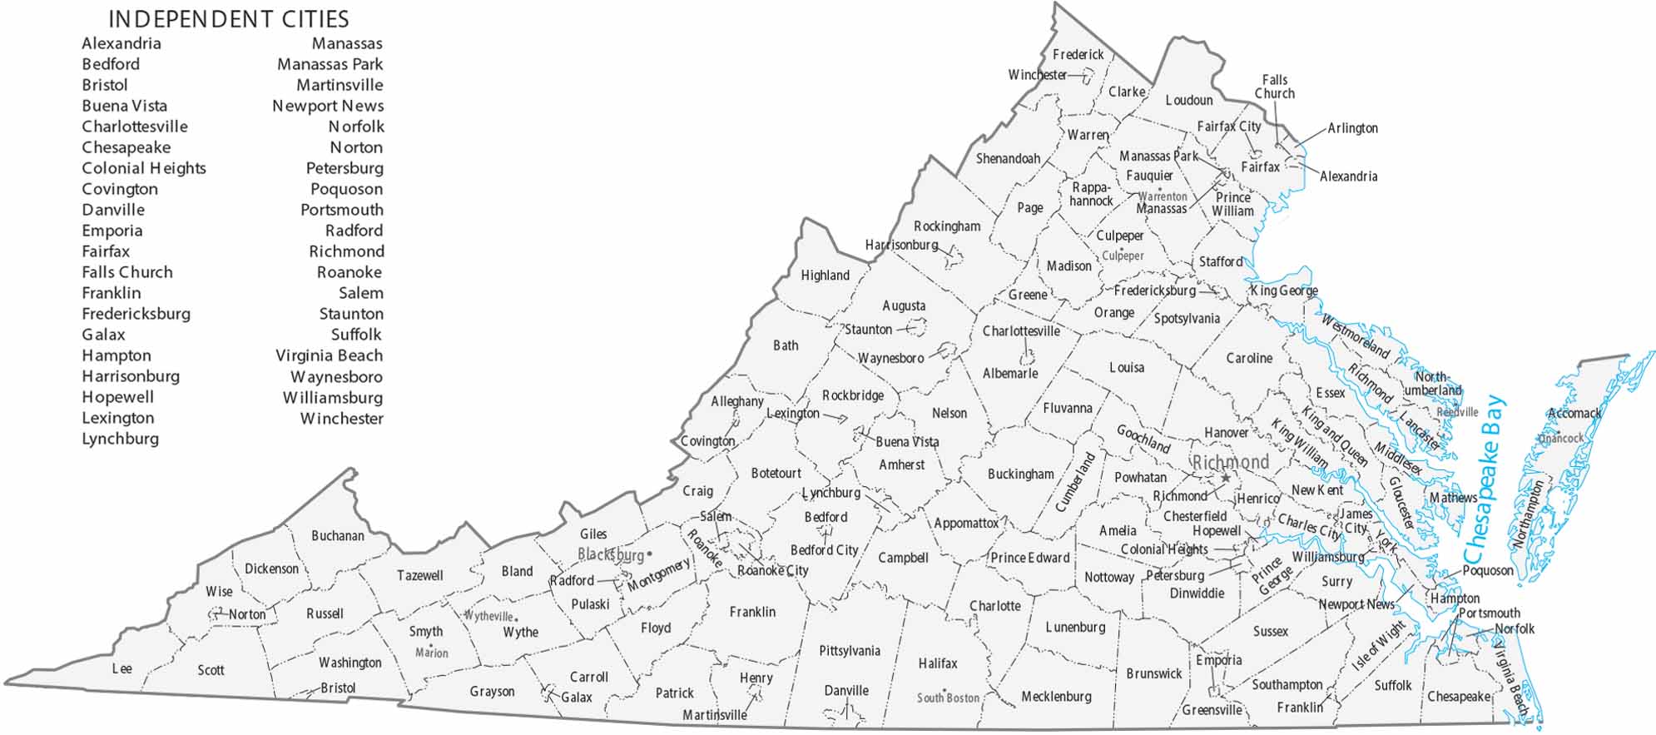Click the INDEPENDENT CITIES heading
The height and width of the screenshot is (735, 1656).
pyautogui.click(x=229, y=19)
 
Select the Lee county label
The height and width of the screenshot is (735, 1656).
pyautogui.click(x=122, y=668)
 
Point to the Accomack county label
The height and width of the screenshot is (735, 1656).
pyautogui.click(x=1574, y=413)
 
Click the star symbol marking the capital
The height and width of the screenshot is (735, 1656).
pyautogui.click(x=1225, y=478)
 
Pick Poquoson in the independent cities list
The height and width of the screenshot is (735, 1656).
pyautogui.click(x=346, y=189)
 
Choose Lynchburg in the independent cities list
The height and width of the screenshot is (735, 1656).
pyautogui.click(x=120, y=439)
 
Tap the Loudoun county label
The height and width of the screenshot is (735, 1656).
pyautogui.click(x=1188, y=100)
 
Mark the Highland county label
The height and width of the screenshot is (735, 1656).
pyautogui.click(x=825, y=276)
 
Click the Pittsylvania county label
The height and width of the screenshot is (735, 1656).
pyautogui.click(x=849, y=651)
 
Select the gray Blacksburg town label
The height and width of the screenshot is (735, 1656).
pyautogui.click(x=611, y=554)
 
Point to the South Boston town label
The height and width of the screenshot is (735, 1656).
pyautogui.click(x=948, y=698)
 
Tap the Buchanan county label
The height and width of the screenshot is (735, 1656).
pyautogui.click(x=337, y=535)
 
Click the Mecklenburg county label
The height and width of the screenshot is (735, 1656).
pyautogui.click(x=1056, y=696)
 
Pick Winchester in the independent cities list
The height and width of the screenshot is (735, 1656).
pyautogui.click(x=341, y=419)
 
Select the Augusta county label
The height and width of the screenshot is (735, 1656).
pyautogui.click(x=904, y=305)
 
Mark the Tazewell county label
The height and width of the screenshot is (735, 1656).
pyautogui.click(x=419, y=575)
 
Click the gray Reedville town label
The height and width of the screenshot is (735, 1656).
pyautogui.click(x=1457, y=412)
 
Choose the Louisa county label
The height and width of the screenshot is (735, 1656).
pyautogui.click(x=1126, y=367)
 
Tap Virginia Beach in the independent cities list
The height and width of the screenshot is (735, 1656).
pyautogui.click(x=329, y=355)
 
